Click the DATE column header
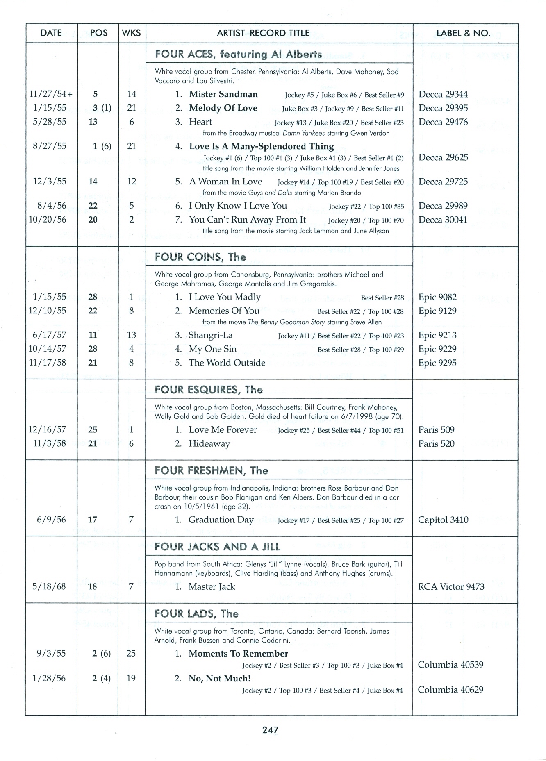[x=51, y=33]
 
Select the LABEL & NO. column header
[x=463, y=33]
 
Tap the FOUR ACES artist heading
[x=238, y=54]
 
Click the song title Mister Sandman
[x=223, y=94]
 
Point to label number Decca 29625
[x=443, y=157]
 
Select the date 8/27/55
[x=49, y=146]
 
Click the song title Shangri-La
[x=210, y=335]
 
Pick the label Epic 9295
[x=437, y=363]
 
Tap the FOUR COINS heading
[x=200, y=257]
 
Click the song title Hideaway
[x=209, y=443]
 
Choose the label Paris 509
[x=436, y=429]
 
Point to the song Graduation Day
[x=221, y=520]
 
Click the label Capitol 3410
[x=443, y=520]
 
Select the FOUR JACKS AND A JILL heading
[x=217, y=546]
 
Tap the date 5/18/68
[x=49, y=586]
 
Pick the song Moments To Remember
[x=238, y=653]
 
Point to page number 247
[x=271, y=729]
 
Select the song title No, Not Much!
[x=219, y=678]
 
